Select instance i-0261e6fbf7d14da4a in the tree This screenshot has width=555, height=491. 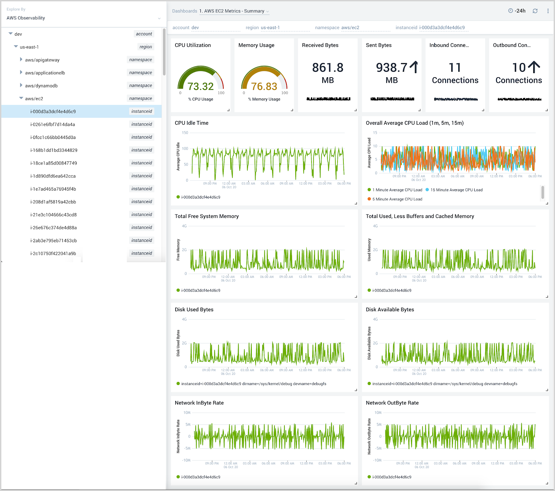53,124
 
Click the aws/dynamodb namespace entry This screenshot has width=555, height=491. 41,86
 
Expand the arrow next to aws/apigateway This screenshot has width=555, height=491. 21,60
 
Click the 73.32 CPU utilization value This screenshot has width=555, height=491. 200,86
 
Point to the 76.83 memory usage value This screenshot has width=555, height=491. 264,86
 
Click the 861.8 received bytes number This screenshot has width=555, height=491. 327,68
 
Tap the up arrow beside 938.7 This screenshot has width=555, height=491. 414,67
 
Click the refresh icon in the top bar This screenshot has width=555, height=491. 535,11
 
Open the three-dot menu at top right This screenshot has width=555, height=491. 548,11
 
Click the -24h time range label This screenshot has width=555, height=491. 520,11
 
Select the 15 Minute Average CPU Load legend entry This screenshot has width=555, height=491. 456,190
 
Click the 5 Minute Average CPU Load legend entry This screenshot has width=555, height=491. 397,199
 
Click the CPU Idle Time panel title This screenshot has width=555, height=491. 191,123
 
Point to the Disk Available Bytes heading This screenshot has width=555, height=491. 390,309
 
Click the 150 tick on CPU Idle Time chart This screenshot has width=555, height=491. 185,133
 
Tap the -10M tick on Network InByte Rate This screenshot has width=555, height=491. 187,460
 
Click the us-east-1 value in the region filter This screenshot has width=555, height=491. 270,28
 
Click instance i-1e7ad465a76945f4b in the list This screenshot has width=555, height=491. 53,189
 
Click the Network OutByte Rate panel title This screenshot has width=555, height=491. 392,403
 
